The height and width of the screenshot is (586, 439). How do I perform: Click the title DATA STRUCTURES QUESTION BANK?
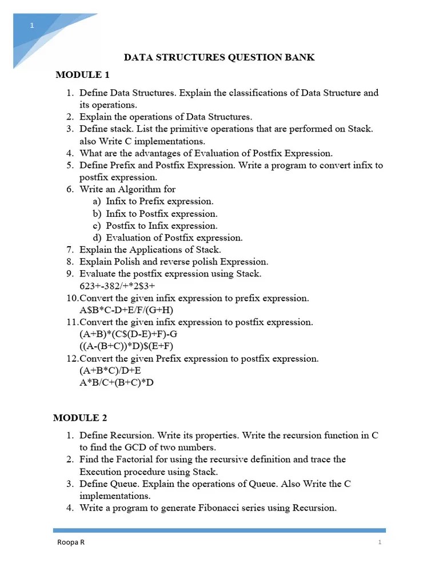[219, 58]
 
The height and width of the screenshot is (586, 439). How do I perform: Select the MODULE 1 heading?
[82, 75]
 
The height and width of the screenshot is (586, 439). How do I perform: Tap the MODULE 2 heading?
[80, 418]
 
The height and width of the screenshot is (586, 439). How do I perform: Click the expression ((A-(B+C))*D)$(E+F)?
[126, 346]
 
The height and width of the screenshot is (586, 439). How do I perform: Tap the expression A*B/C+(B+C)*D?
[117, 382]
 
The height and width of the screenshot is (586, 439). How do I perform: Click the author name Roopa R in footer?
[70, 543]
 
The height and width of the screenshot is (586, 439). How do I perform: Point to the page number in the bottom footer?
[380, 543]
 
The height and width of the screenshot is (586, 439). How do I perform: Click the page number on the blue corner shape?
[33, 26]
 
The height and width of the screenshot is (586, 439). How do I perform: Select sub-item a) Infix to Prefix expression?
[153, 201]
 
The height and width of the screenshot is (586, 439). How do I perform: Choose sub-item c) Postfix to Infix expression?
[155, 225]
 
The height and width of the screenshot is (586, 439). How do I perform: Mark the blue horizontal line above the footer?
[219, 530]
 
